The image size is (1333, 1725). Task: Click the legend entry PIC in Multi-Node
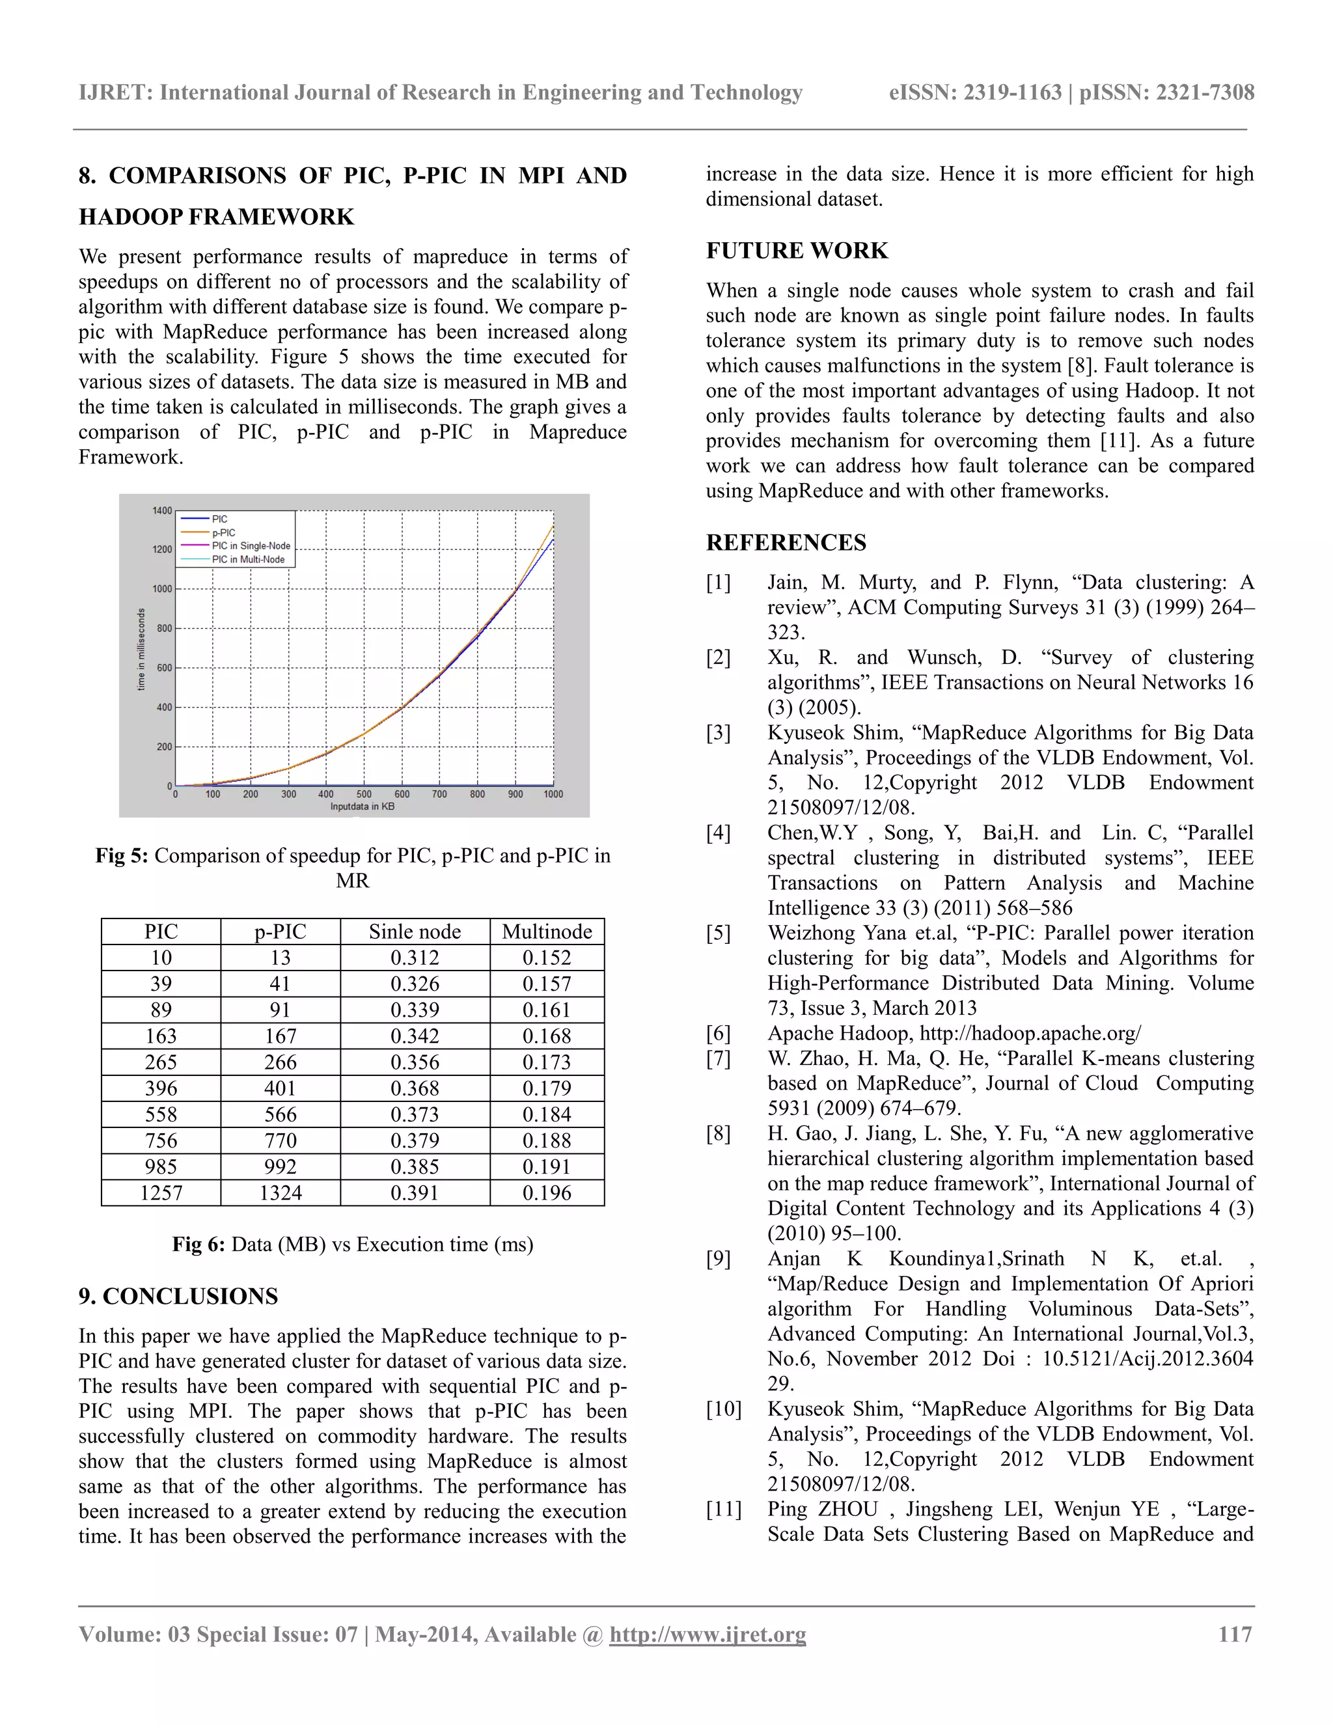click(x=248, y=559)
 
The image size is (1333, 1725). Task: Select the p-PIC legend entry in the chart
click(x=223, y=532)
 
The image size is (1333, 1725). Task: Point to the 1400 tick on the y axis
click(x=162, y=511)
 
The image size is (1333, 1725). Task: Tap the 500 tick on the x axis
click(x=364, y=793)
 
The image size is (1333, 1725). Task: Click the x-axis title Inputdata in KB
click(x=363, y=807)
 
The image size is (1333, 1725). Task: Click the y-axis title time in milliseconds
click(x=141, y=649)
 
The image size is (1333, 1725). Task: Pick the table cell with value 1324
click(x=281, y=1193)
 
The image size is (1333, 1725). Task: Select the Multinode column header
click(x=547, y=932)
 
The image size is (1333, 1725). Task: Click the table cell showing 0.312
click(x=415, y=958)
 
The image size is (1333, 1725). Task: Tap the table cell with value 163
click(x=161, y=1036)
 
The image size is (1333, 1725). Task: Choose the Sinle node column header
click(x=415, y=932)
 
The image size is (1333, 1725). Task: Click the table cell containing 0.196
click(x=547, y=1193)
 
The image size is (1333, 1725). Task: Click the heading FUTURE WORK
click(x=796, y=251)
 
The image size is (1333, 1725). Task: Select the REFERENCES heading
click(x=786, y=543)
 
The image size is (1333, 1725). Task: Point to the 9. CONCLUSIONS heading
click(x=178, y=1296)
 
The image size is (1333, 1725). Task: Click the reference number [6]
click(x=718, y=1033)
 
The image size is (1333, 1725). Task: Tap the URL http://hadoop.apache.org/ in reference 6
click(x=1030, y=1033)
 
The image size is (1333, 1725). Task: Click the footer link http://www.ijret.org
click(x=708, y=1634)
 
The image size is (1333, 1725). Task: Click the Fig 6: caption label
click(x=199, y=1245)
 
